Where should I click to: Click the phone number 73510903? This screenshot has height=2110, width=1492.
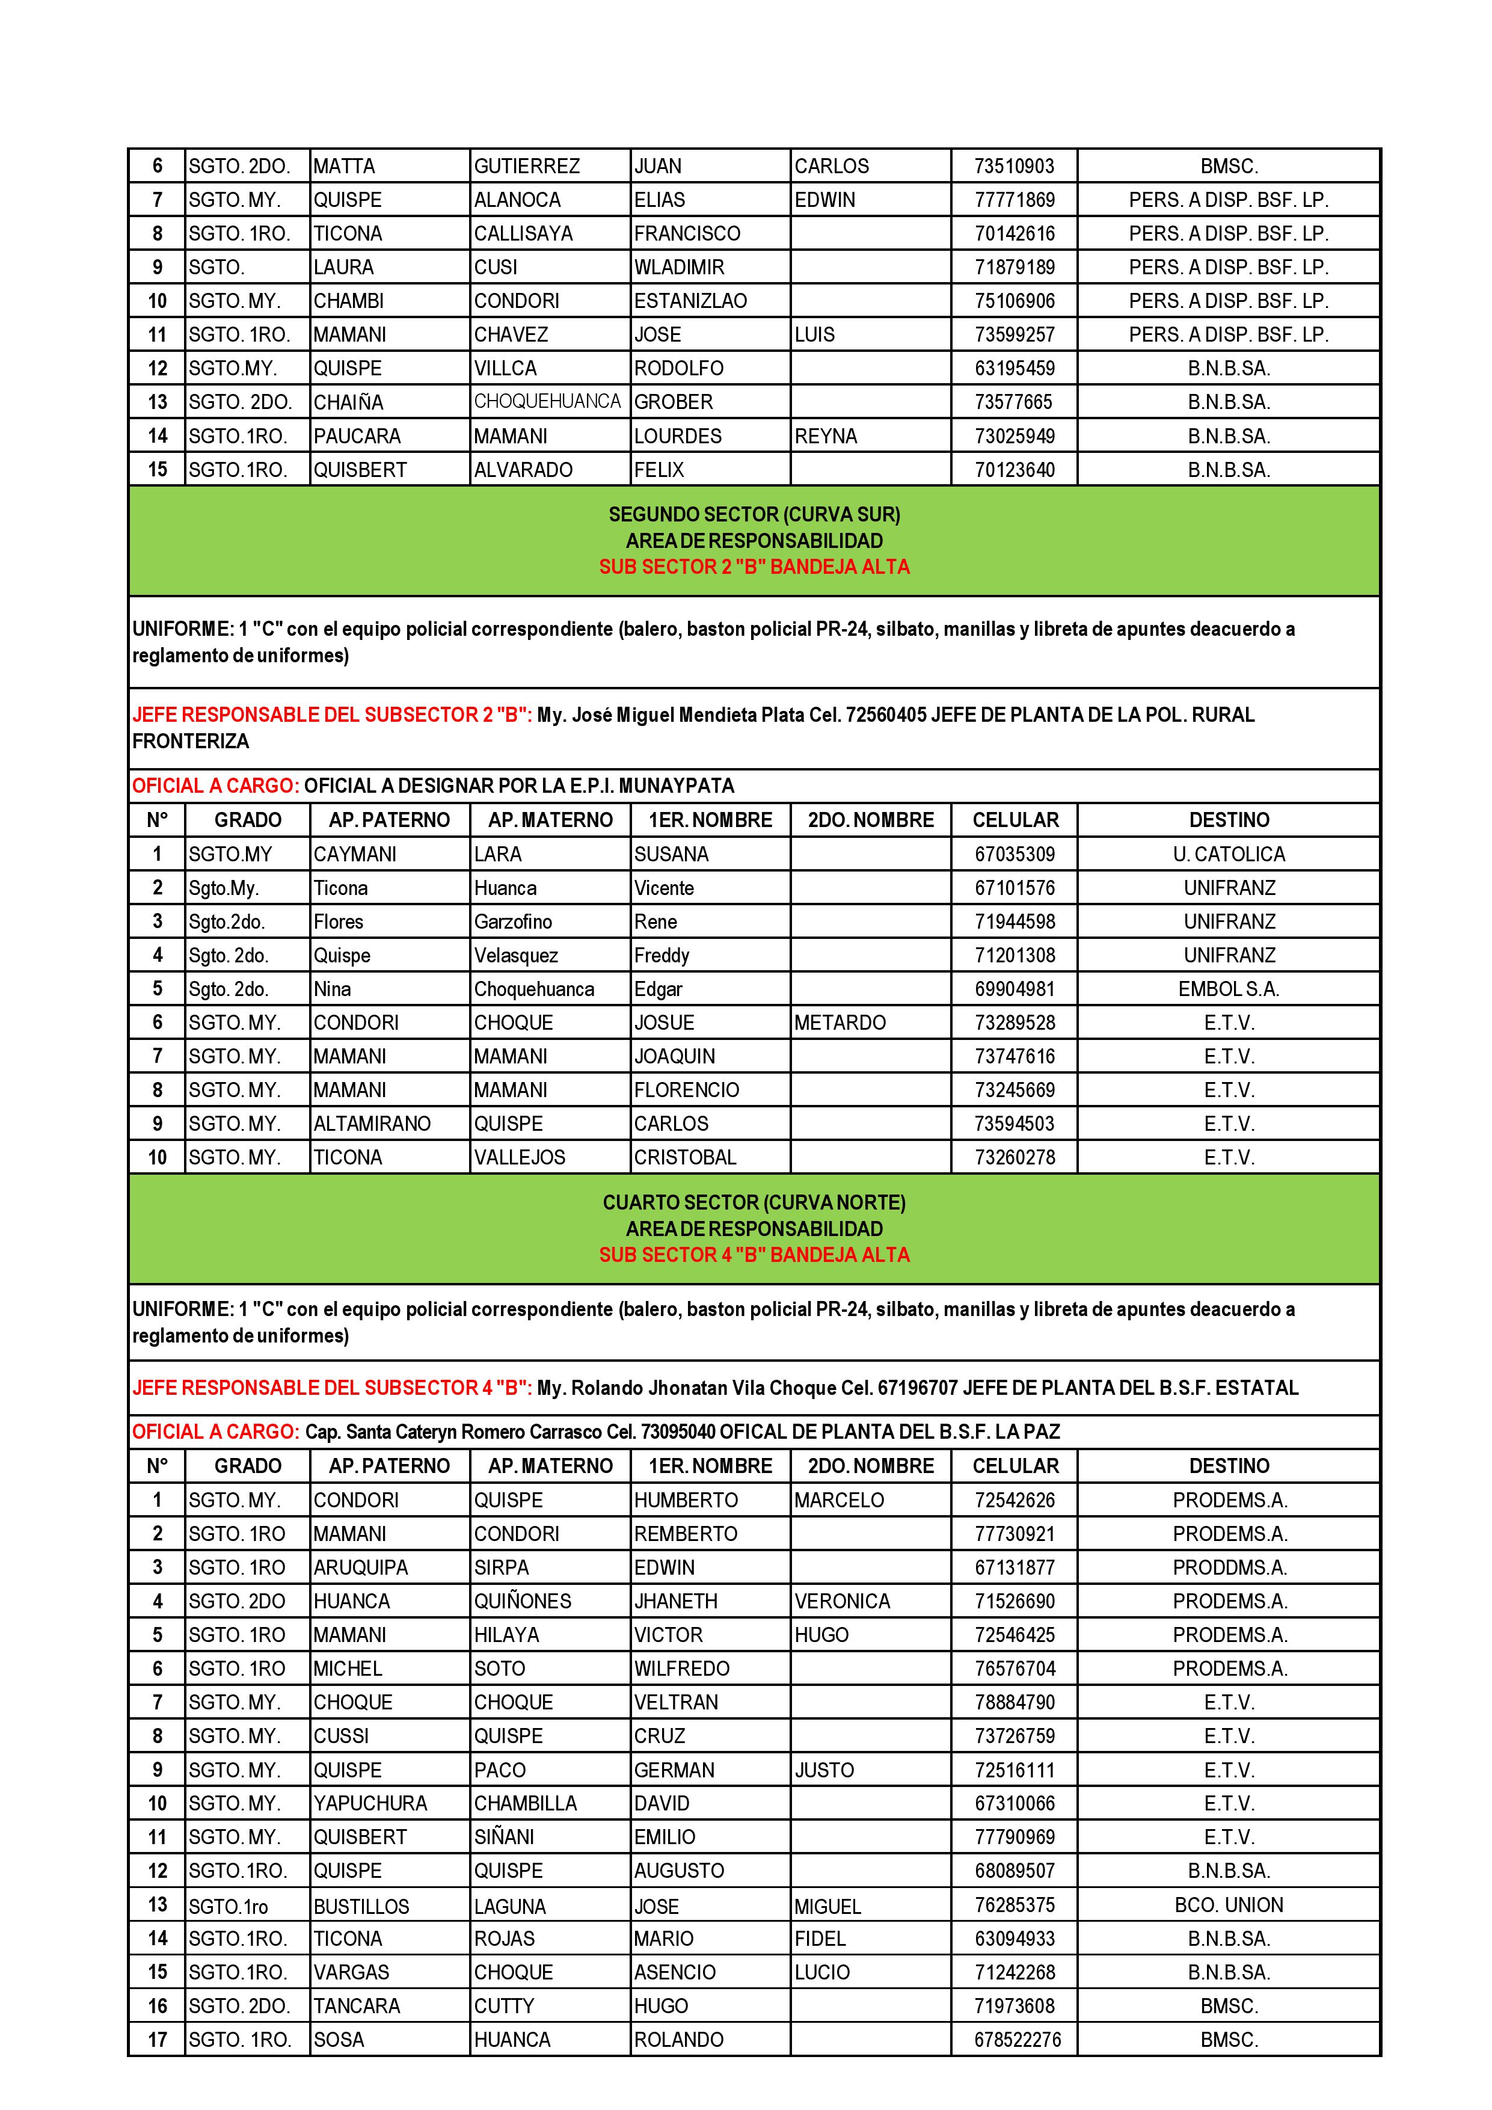pos(1015,167)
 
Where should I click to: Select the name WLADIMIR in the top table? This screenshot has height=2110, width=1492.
pos(679,268)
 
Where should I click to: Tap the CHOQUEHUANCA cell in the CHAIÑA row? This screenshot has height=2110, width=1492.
pos(548,402)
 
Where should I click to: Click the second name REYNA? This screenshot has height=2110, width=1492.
pos(825,435)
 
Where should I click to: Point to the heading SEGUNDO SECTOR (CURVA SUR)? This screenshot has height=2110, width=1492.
pos(754,515)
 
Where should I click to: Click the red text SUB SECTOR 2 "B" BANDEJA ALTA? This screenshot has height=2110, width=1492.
pos(754,567)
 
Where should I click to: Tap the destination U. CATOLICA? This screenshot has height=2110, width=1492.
pos(1229,854)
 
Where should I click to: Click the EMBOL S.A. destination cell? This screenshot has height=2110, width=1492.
pos(1229,989)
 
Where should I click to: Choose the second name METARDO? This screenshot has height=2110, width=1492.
pos(840,1023)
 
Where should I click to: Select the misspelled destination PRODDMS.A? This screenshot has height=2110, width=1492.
pos(1229,1568)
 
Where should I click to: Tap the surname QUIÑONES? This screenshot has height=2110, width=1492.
pos(522,1602)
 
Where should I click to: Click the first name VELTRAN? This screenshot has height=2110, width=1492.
pos(675,1703)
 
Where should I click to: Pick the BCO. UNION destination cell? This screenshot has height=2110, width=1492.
pos(1229,1905)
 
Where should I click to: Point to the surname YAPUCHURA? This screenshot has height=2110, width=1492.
pos(370,1804)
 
